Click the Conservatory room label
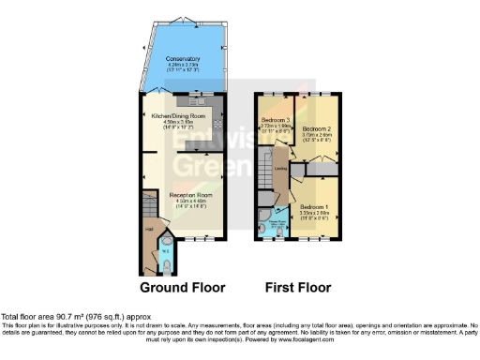coord(184,58)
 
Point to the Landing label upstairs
coord(279,169)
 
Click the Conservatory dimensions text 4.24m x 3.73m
coord(184,64)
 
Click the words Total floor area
coord(29,317)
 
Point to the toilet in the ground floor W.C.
coord(166,265)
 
